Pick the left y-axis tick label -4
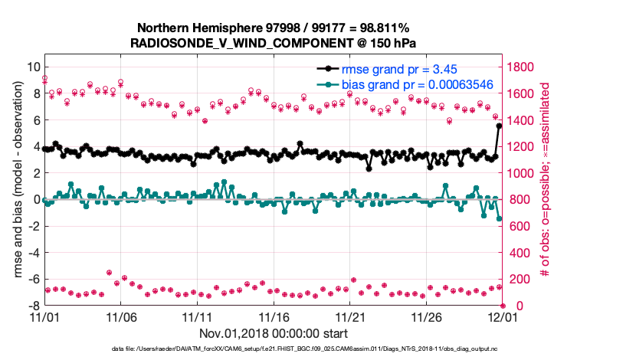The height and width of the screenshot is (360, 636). coord(31,253)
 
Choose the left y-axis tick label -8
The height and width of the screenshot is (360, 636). coord(31,306)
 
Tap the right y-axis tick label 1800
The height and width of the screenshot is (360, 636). coord(523,67)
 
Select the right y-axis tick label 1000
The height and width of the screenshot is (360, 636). coord(523,173)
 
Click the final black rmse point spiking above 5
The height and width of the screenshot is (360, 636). coord(500,126)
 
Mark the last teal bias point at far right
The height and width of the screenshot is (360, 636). coord(500,218)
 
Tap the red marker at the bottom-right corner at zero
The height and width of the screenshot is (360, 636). coord(503,306)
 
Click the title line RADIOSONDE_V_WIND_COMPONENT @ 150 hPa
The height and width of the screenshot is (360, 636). coord(274,42)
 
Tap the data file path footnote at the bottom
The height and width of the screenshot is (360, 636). coord(304,349)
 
